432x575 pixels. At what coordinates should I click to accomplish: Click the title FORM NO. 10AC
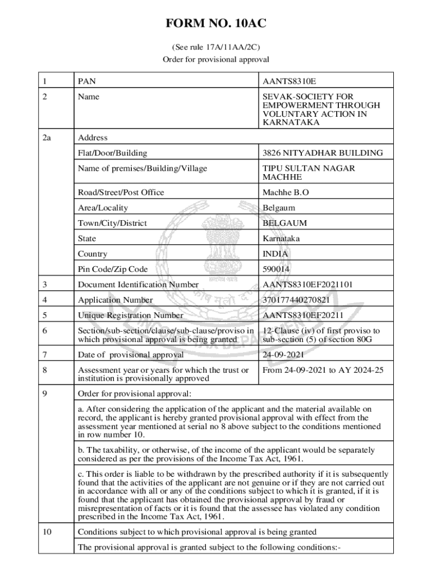[x=216, y=24]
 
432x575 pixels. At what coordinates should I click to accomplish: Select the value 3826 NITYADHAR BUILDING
[x=323, y=153]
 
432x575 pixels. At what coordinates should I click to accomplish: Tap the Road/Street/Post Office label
[x=121, y=193]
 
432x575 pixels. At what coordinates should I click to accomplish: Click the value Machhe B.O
[x=286, y=193]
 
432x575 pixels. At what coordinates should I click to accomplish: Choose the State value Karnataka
[x=281, y=239]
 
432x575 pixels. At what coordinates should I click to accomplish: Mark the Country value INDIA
[x=275, y=254]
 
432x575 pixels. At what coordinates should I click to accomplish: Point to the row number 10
[x=47, y=532]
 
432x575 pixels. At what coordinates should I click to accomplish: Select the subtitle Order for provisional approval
[x=216, y=59]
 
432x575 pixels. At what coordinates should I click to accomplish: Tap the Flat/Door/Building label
[x=113, y=153]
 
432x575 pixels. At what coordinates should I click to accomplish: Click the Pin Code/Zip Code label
[x=113, y=270]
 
